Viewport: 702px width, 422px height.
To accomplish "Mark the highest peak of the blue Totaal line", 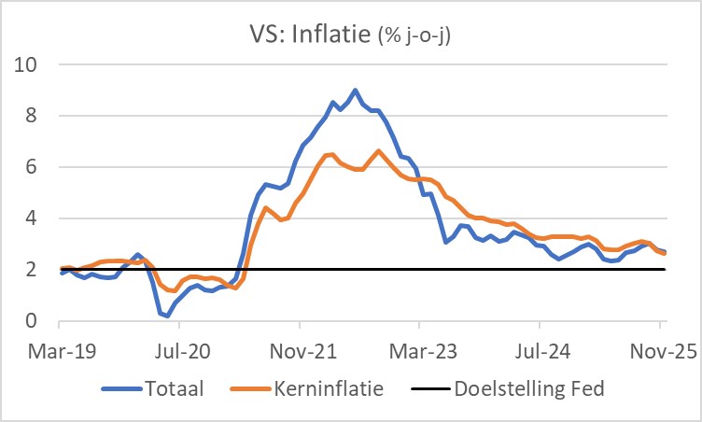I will point(355,91).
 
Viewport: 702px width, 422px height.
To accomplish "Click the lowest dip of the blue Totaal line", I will point(167,316).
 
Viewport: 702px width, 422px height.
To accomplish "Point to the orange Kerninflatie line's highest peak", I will point(378,151).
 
